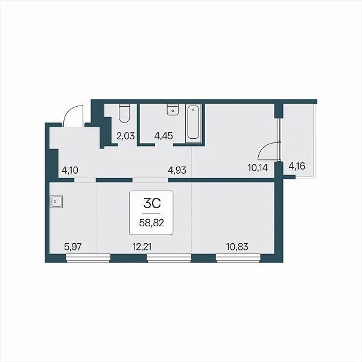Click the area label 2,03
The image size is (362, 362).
(x=125, y=136)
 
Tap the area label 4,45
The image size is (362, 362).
(x=164, y=136)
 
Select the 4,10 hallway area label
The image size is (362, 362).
(x=70, y=170)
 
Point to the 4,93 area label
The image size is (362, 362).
(x=177, y=170)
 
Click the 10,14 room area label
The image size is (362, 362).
(x=258, y=168)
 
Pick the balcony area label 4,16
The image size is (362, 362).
(x=297, y=166)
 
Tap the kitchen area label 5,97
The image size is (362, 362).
(x=73, y=247)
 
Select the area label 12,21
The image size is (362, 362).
(x=142, y=247)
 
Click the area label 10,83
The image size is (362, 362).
(x=237, y=247)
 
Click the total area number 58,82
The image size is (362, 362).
(x=151, y=223)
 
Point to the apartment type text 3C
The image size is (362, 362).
(x=152, y=203)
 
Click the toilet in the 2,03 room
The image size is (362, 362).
(x=124, y=113)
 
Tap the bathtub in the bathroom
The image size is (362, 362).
(x=194, y=123)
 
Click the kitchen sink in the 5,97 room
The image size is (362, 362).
(x=56, y=202)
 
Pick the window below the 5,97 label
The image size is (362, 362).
(x=88, y=258)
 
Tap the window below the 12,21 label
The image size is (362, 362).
(x=169, y=258)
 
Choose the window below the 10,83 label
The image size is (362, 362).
(x=238, y=258)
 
